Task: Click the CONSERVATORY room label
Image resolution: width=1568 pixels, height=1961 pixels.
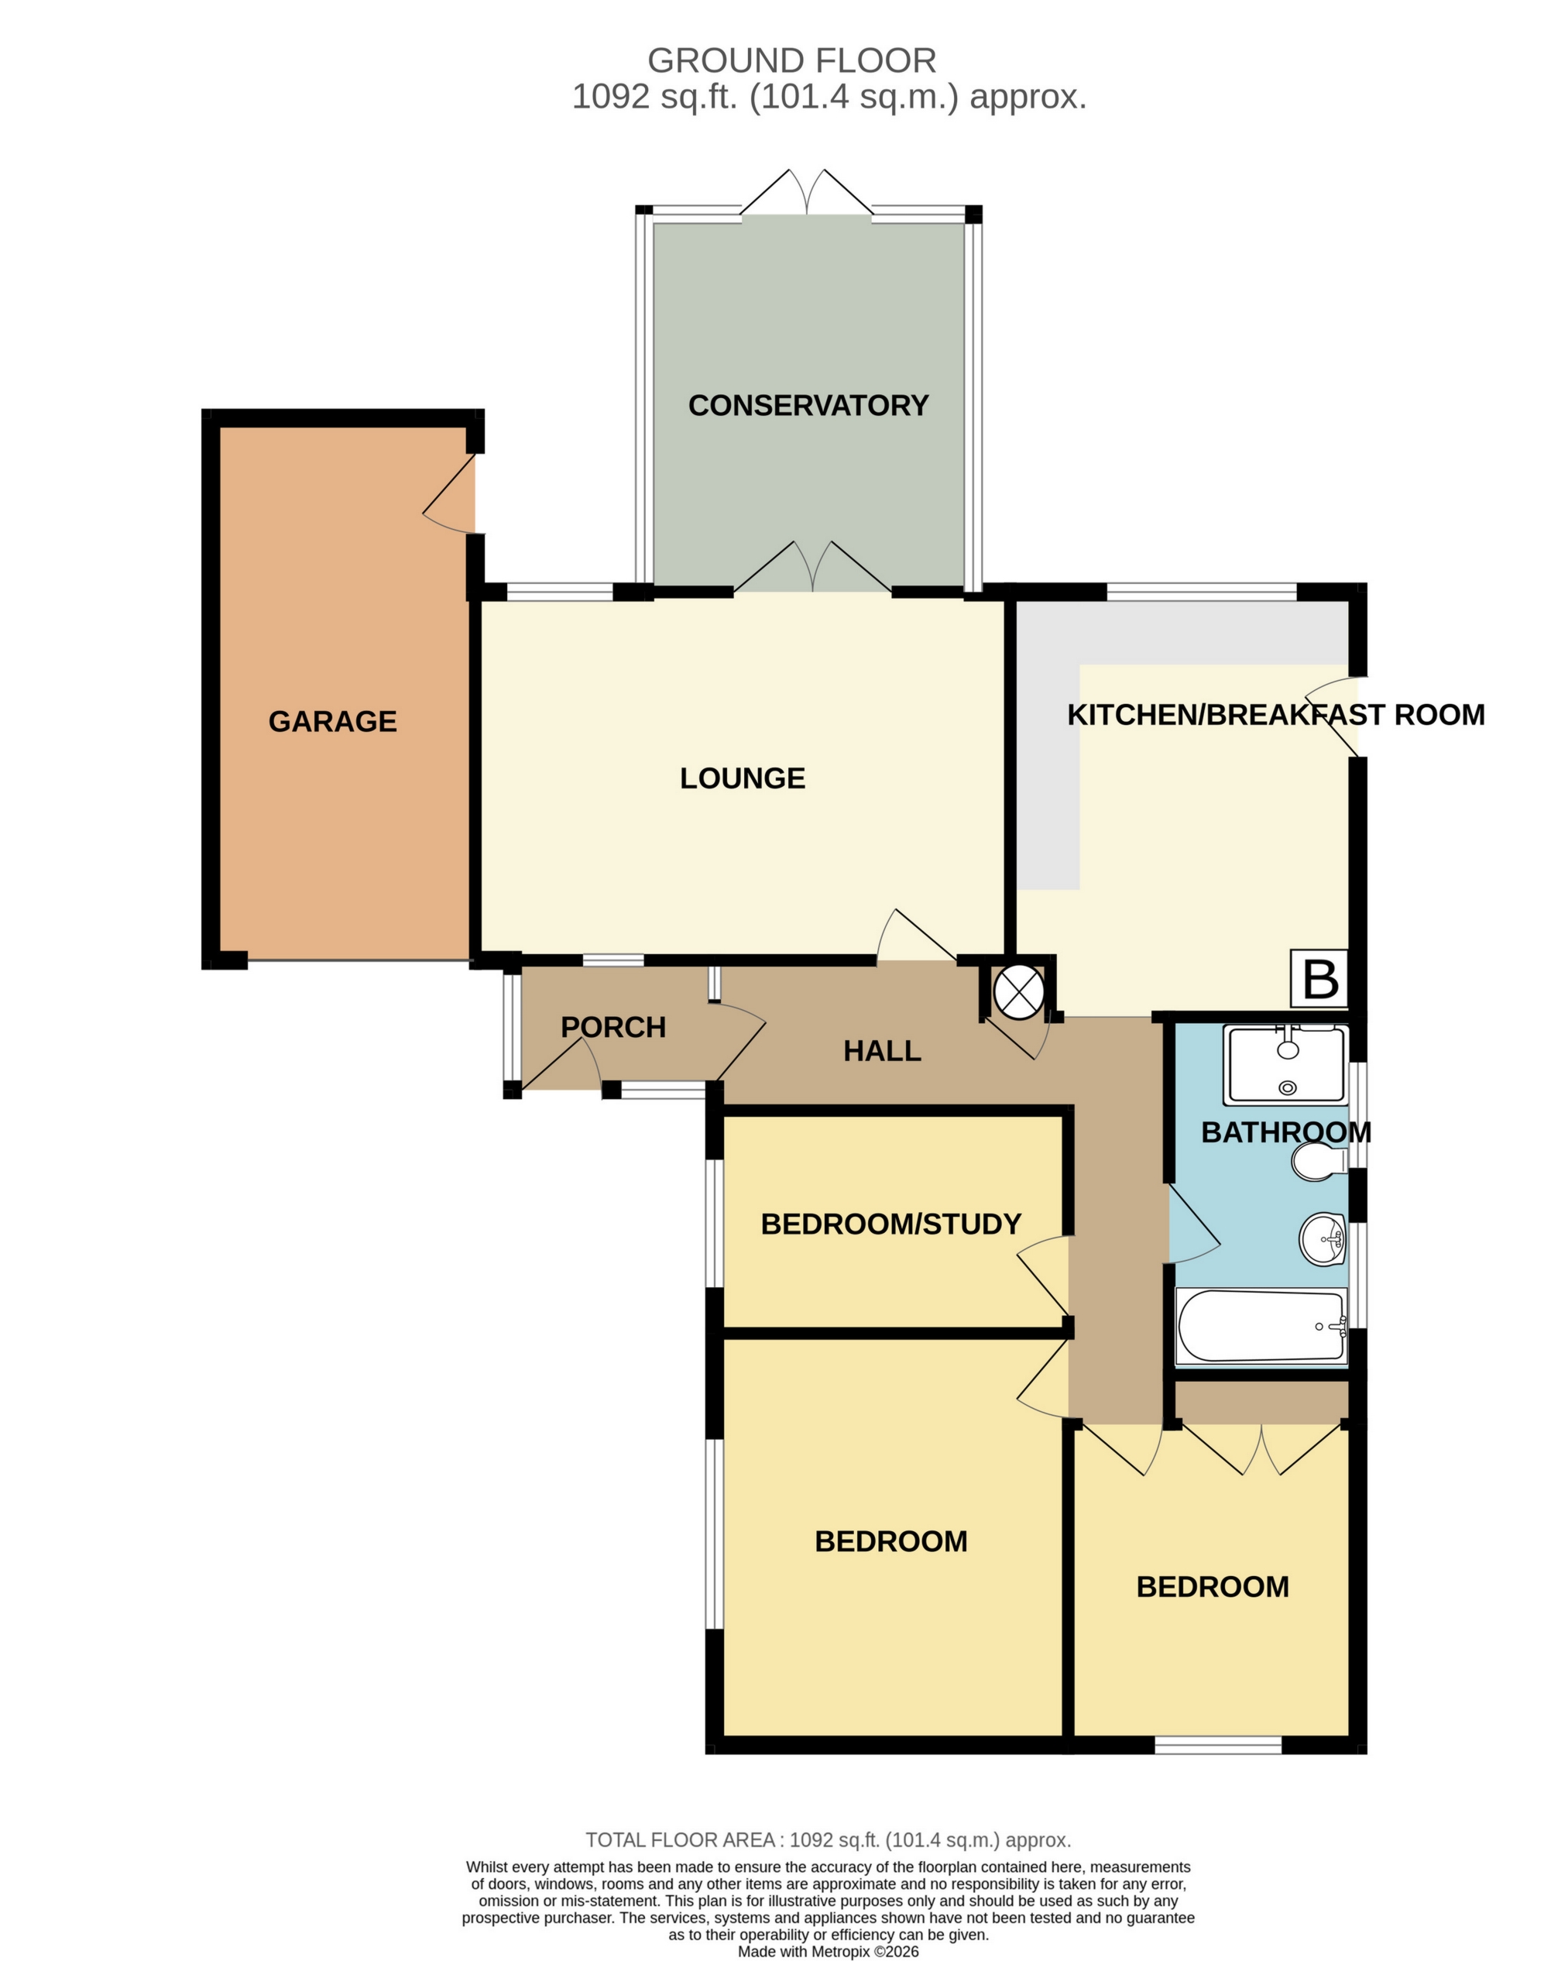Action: [x=808, y=406]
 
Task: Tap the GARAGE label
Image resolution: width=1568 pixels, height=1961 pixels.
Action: [x=332, y=721]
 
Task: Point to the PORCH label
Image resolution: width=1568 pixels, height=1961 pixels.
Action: [x=613, y=1028]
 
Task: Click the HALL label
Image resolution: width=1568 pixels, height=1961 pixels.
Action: [x=881, y=1052]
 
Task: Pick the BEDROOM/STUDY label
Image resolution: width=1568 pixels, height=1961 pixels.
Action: [x=890, y=1224]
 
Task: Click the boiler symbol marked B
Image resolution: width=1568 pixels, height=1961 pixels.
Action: [x=1319, y=979]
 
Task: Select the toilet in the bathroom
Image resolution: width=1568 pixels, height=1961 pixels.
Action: [x=1319, y=1162]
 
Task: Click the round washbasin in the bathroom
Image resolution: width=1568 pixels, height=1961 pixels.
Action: [x=1323, y=1239]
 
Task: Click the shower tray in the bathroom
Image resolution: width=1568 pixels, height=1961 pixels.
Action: [x=1285, y=1065]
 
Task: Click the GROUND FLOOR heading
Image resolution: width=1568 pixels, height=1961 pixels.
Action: [x=791, y=61]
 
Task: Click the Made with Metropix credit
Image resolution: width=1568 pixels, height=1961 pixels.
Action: [x=828, y=1951]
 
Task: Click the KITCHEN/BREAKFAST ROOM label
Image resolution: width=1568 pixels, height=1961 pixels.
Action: [x=1275, y=715]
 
